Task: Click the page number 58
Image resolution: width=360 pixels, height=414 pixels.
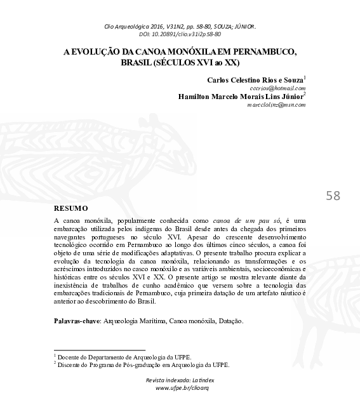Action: pyautogui.click(x=333, y=196)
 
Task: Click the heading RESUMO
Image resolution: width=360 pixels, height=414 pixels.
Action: pyautogui.click(x=70, y=208)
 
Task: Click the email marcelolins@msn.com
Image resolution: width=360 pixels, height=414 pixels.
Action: pyautogui.click(x=276, y=104)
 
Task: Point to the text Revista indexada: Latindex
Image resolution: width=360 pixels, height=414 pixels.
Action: pyautogui.click(x=181, y=380)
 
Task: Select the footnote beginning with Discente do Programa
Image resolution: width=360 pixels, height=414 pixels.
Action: pyautogui.click(x=143, y=365)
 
